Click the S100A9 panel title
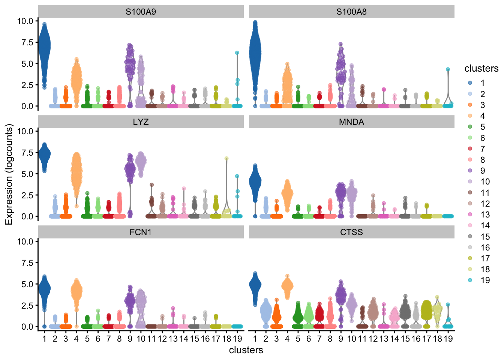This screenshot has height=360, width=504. (x=141, y=12)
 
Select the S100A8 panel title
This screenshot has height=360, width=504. (x=351, y=12)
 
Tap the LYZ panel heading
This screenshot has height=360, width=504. (x=141, y=122)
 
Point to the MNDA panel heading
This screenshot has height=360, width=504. (x=351, y=122)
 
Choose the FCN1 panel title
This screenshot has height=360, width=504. (x=141, y=232)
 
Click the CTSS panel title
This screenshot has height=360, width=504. (x=351, y=232)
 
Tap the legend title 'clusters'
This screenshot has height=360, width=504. (x=481, y=69)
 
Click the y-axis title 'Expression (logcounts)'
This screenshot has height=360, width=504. (x=9, y=174)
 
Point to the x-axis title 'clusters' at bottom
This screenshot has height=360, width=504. (x=246, y=350)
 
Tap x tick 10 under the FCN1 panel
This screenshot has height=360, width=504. (x=141, y=339)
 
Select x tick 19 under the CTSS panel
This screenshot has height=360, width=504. (x=448, y=339)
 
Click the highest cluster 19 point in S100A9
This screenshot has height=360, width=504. (x=237, y=53)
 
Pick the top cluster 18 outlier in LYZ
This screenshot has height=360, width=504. (x=226, y=159)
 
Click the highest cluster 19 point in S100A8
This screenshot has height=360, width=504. (x=448, y=69)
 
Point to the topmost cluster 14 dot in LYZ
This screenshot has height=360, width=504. (x=184, y=189)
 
